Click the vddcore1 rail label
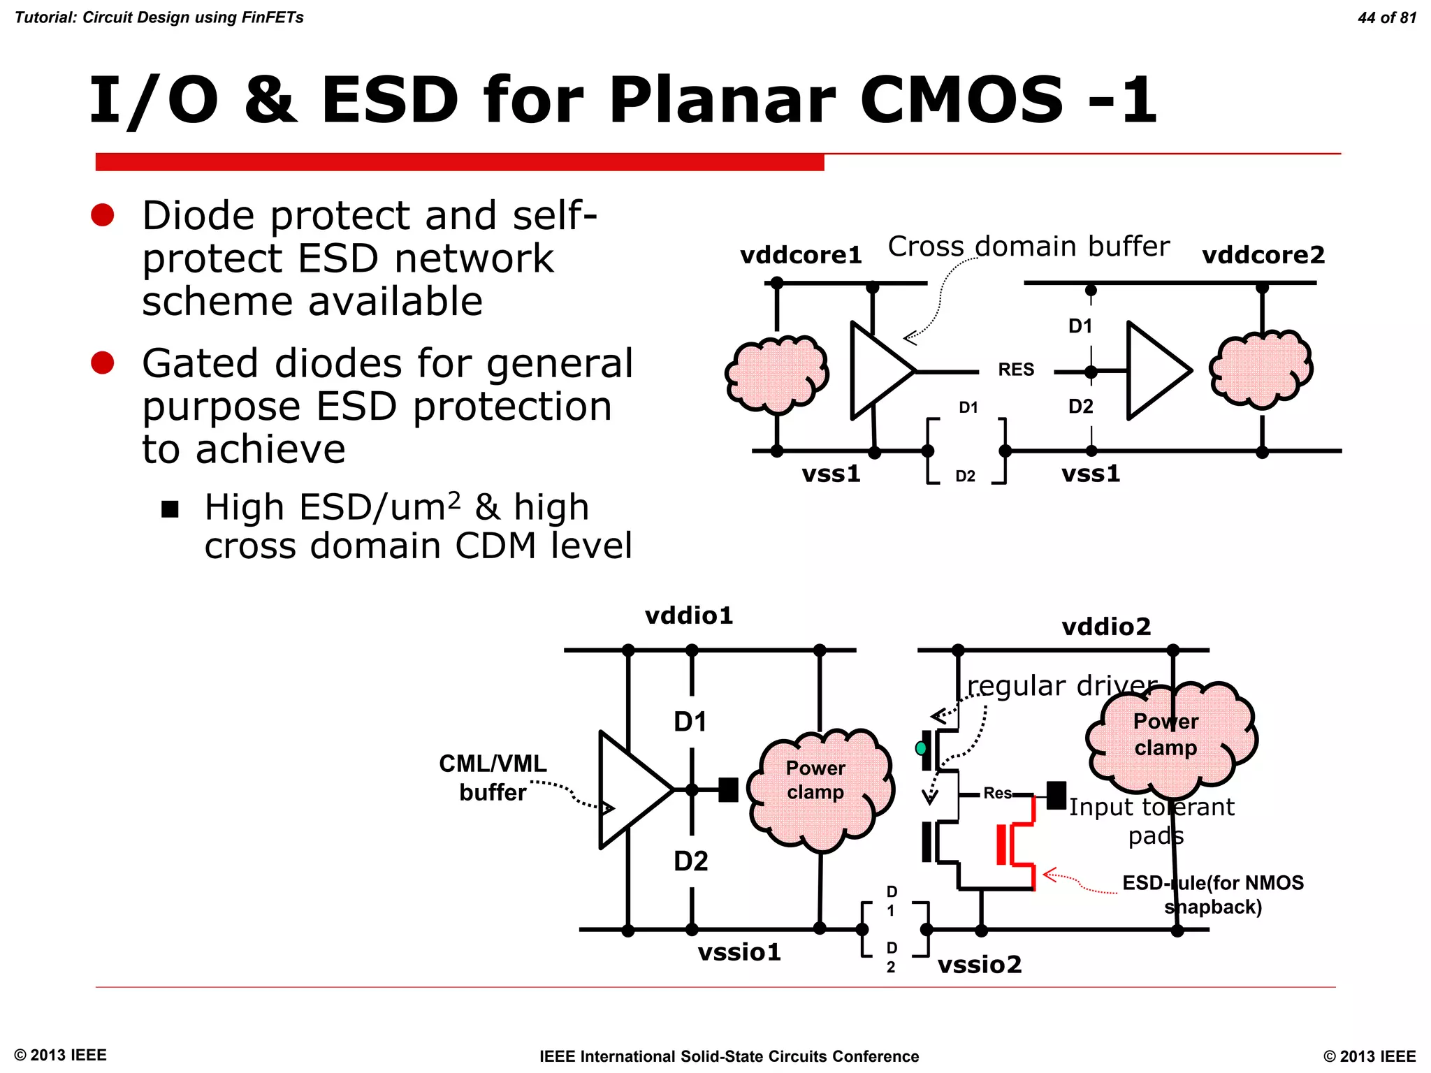(801, 255)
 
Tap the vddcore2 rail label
(1263, 255)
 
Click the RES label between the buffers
(1016, 370)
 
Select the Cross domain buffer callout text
(1028, 247)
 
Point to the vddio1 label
(689, 615)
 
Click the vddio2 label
(1106, 627)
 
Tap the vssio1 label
(739, 952)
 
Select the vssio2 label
(980, 965)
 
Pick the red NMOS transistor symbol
(1017, 845)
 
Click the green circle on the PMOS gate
(921, 748)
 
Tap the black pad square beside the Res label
(1056, 795)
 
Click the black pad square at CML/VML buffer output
(728, 790)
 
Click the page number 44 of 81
(1386, 17)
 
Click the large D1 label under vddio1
(690, 722)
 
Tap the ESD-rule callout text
(1213, 895)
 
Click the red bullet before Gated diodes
(103, 363)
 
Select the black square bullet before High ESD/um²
(170, 509)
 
